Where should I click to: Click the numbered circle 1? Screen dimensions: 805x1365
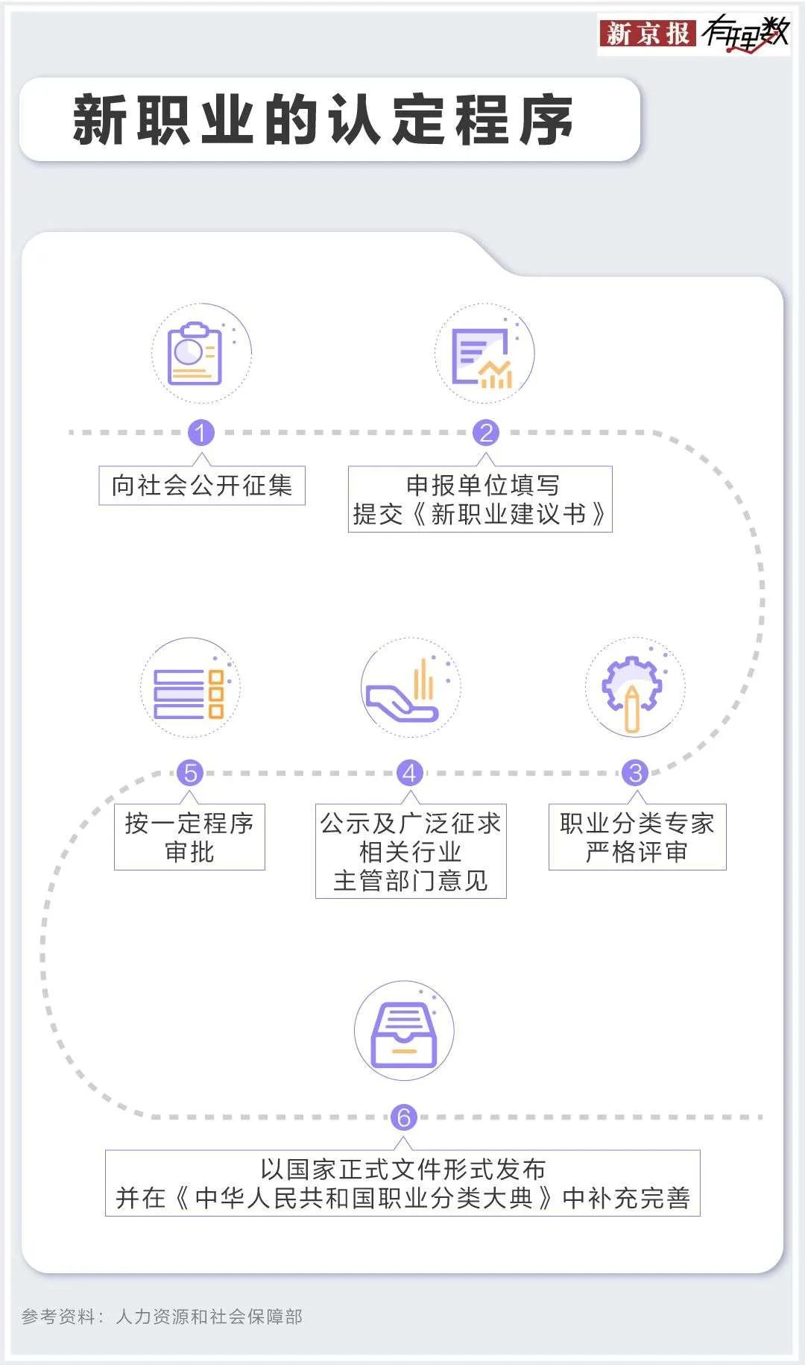(201, 433)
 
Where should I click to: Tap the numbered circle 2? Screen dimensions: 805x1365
(486, 433)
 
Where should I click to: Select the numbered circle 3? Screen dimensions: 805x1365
(635, 773)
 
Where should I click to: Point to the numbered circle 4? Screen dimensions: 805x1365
(409, 773)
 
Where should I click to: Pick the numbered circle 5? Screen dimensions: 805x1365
(190, 773)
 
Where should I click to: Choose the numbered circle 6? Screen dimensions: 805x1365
(403, 1117)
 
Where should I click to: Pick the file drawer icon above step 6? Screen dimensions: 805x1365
(403, 1032)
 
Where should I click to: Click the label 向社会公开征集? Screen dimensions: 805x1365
(202, 486)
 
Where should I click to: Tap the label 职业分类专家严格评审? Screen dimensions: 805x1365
(637, 837)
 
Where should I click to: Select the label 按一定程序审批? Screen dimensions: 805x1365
(189, 837)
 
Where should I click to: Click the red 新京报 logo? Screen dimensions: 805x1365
(647, 34)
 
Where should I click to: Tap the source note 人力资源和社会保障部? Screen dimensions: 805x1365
(209, 1317)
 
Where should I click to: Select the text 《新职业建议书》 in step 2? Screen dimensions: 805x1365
(509, 514)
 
